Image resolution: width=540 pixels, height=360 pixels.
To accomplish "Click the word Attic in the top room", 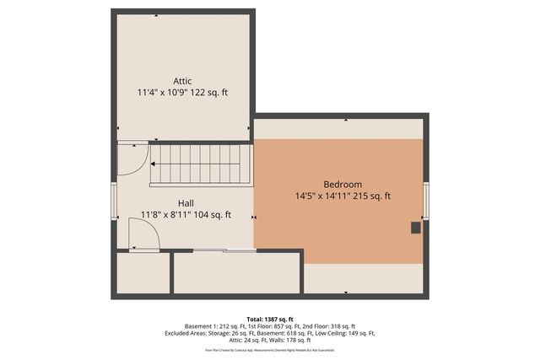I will click(x=182, y=81).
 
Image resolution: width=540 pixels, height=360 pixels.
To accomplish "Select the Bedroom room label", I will click(x=343, y=185).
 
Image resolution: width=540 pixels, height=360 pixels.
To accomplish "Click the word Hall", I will click(x=186, y=203).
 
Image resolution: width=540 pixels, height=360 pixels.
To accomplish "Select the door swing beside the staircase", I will click(x=131, y=159).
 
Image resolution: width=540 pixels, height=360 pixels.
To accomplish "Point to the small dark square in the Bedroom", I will click(x=415, y=227).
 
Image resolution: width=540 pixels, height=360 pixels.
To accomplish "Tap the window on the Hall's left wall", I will click(x=113, y=201).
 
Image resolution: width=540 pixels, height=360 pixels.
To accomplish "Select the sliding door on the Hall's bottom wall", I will click(x=224, y=250).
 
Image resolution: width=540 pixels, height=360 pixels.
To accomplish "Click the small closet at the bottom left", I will click(x=143, y=273).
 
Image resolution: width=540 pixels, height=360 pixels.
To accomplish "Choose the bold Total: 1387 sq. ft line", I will click(x=269, y=318).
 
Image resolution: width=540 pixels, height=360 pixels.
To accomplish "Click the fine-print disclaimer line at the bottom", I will click(x=269, y=348).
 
